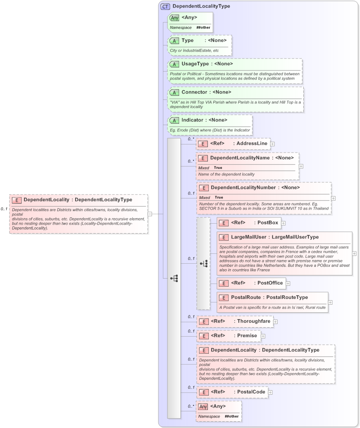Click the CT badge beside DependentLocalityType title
[165, 7]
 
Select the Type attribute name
[188, 41]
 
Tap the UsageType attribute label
[195, 64]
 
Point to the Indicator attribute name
[192, 120]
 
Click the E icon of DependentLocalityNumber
[203, 188]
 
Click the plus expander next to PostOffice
[288, 283]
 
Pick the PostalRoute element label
[247, 297]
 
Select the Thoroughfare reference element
[254, 322]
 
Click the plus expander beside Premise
[263, 336]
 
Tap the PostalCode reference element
[251, 392]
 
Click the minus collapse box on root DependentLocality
[150, 214]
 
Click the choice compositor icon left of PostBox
[203, 264]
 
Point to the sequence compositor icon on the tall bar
[174, 279]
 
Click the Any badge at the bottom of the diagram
[203, 407]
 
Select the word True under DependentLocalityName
[218, 167]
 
